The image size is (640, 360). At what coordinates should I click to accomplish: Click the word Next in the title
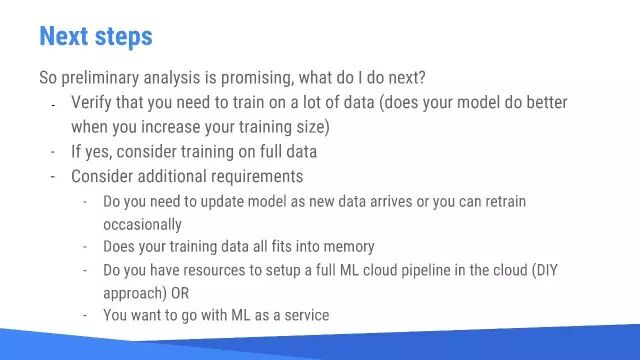64,36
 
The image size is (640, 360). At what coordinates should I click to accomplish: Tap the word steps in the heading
124,37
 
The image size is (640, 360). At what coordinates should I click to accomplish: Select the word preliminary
100,78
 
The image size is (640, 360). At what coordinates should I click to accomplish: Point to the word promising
257,78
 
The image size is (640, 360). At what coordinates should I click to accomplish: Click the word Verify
91,102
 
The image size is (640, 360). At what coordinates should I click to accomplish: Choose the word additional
172,176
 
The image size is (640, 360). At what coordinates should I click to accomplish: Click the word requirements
257,177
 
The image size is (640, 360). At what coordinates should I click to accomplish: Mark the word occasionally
142,225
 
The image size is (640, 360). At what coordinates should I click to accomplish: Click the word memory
349,247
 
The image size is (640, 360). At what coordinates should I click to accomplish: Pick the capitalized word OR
180,293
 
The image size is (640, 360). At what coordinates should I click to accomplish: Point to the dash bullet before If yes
53,153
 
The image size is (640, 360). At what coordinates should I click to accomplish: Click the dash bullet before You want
85,316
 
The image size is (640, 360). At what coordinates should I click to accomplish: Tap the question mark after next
421,77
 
